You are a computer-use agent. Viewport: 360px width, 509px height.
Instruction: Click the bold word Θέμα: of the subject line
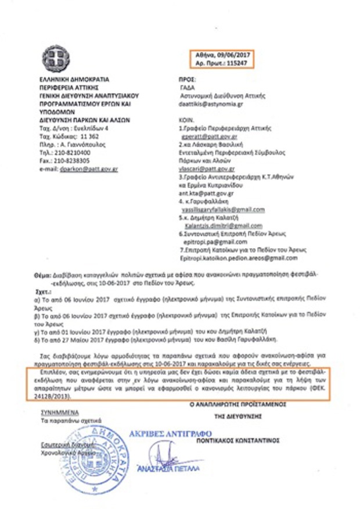click(x=41, y=271)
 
